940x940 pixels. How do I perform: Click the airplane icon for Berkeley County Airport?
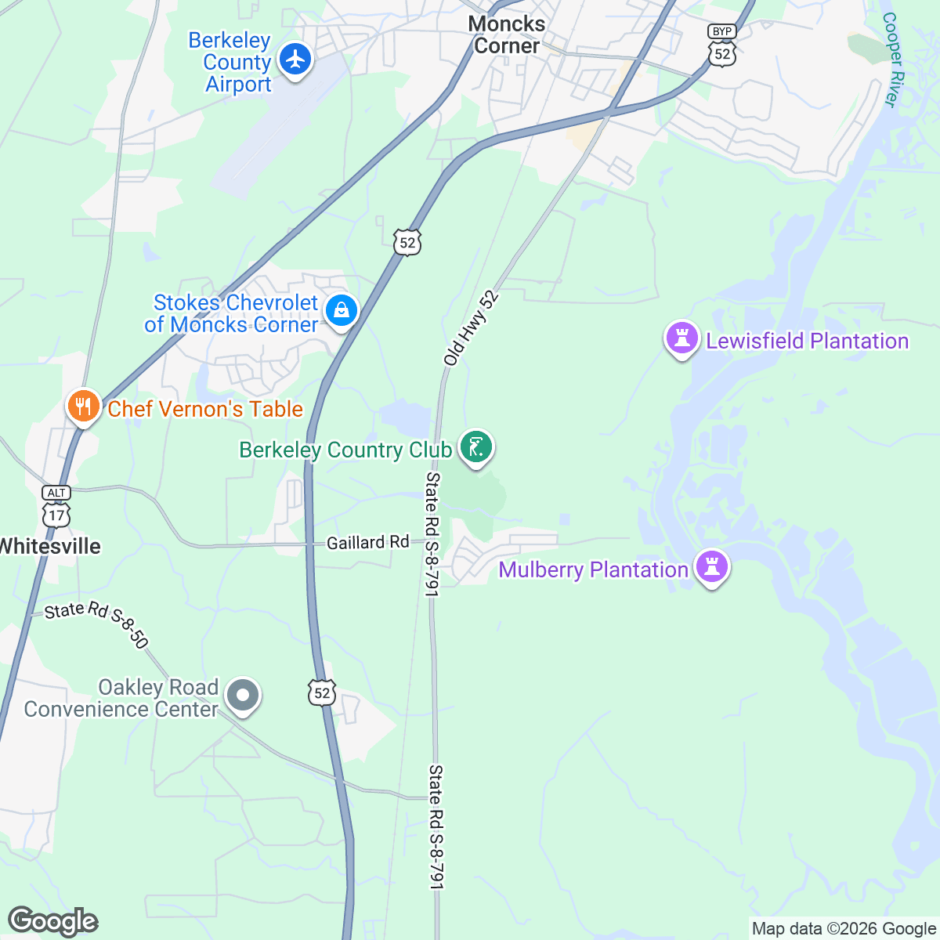(295, 59)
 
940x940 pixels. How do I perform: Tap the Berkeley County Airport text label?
(230, 63)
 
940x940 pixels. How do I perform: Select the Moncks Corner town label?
(507, 34)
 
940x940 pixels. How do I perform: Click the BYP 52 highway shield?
(721, 45)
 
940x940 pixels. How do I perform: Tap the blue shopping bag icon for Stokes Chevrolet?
(342, 310)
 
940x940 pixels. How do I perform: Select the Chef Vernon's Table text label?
(205, 409)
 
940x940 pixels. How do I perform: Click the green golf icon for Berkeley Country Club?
(475, 446)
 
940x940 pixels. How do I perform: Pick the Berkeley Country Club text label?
(345, 450)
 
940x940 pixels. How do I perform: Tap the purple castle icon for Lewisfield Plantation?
(681, 338)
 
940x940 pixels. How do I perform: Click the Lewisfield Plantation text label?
(807, 342)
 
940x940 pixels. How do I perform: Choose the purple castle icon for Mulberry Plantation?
(712, 566)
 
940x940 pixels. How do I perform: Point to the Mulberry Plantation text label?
(593, 569)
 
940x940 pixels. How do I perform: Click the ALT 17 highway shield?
(56, 507)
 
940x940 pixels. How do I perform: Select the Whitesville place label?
(50, 546)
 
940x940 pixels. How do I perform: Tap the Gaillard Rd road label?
(367, 542)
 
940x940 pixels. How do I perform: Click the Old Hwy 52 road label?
(470, 328)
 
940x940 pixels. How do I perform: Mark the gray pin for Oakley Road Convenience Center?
(243, 695)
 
